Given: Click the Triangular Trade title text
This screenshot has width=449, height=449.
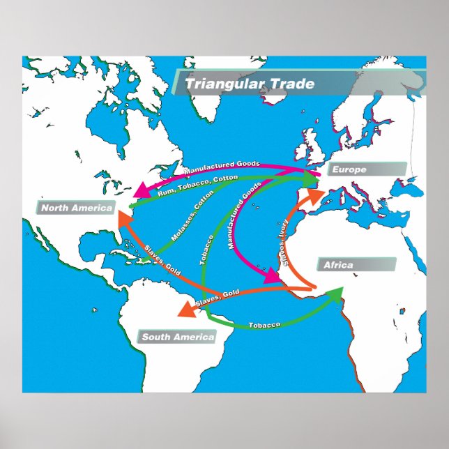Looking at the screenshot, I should (x=250, y=84).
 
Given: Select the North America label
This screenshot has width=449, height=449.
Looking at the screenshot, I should (x=76, y=208).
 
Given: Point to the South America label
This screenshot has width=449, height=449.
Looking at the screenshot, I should (x=177, y=337).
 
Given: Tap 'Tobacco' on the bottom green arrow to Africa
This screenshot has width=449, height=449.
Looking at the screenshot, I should (x=264, y=326).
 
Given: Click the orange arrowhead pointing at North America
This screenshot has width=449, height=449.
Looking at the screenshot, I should (x=123, y=218).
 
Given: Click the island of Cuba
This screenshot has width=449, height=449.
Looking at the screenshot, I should (x=144, y=257).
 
